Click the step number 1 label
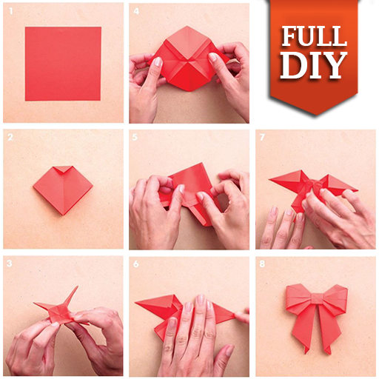point(10,11)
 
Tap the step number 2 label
point(10,137)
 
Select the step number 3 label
point(10,264)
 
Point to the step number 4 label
point(136,11)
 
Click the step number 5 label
point(135,137)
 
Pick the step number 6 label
point(136,264)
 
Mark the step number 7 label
point(262,137)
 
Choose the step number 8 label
point(262,264)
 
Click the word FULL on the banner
point(314,36)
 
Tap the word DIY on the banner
point(313,65)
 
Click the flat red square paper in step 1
point(63,64)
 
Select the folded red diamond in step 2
point(63,190)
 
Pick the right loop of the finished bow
point(336,298)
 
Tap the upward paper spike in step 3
point(71,297)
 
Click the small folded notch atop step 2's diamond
point(63,170)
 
